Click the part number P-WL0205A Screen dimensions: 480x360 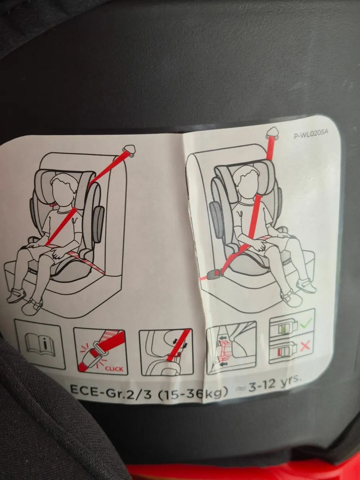tap(311, 134)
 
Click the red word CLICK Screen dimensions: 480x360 tap(114, 368)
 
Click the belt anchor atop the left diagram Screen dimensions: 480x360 tap(130, 150)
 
